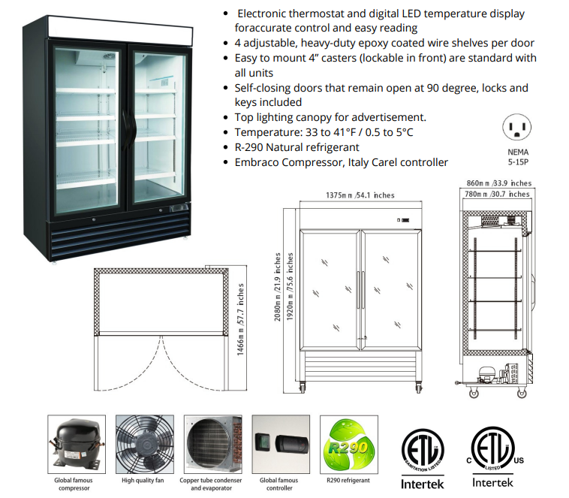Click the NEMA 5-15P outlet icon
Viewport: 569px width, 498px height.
coord(516,127)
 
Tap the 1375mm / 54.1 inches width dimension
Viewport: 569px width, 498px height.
coord(360,195)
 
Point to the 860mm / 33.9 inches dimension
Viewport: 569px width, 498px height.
coord(499,183)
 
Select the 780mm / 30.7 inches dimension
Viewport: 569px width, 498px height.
coord(497,194)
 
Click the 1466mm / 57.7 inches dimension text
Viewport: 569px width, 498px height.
coord(240,320)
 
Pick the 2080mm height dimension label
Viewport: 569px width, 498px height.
coord(277,287)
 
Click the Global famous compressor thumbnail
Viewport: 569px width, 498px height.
coord(77,444)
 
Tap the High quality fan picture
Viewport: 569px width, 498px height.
coord(145,444)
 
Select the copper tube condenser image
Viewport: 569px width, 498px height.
coord(213,444)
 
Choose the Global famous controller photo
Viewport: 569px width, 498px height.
coord(281,444)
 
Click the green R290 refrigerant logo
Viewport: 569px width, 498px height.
coord(349,445)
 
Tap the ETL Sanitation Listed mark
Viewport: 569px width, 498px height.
coord(423,451)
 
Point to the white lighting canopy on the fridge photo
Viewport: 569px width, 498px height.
coord(120,32)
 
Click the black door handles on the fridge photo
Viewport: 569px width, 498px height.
coord(130,127)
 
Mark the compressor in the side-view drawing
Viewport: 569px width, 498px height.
coord(486,374)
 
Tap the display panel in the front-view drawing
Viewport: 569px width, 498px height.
coord(403,220)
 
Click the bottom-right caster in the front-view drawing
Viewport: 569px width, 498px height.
coord(418,388)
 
